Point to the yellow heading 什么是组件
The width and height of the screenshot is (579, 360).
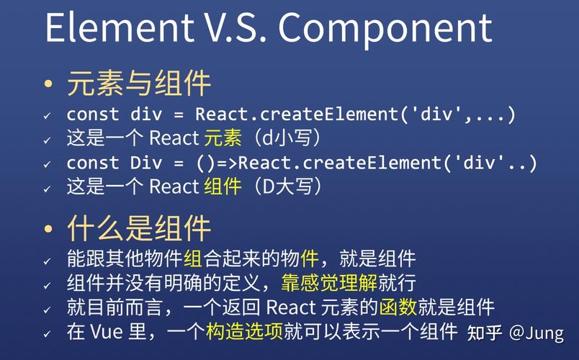[x=138, y=228]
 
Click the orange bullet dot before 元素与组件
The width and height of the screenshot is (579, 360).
[x=48, y=85]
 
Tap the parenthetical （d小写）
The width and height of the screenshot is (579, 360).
[x=284, y=138]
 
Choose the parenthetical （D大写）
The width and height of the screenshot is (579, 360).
[x=284, y=187]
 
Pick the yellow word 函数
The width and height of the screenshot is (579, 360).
[x=398, y=307]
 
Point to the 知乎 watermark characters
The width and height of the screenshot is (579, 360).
[x=484, y=333]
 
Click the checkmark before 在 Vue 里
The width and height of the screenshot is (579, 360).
[x=48, y=334]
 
